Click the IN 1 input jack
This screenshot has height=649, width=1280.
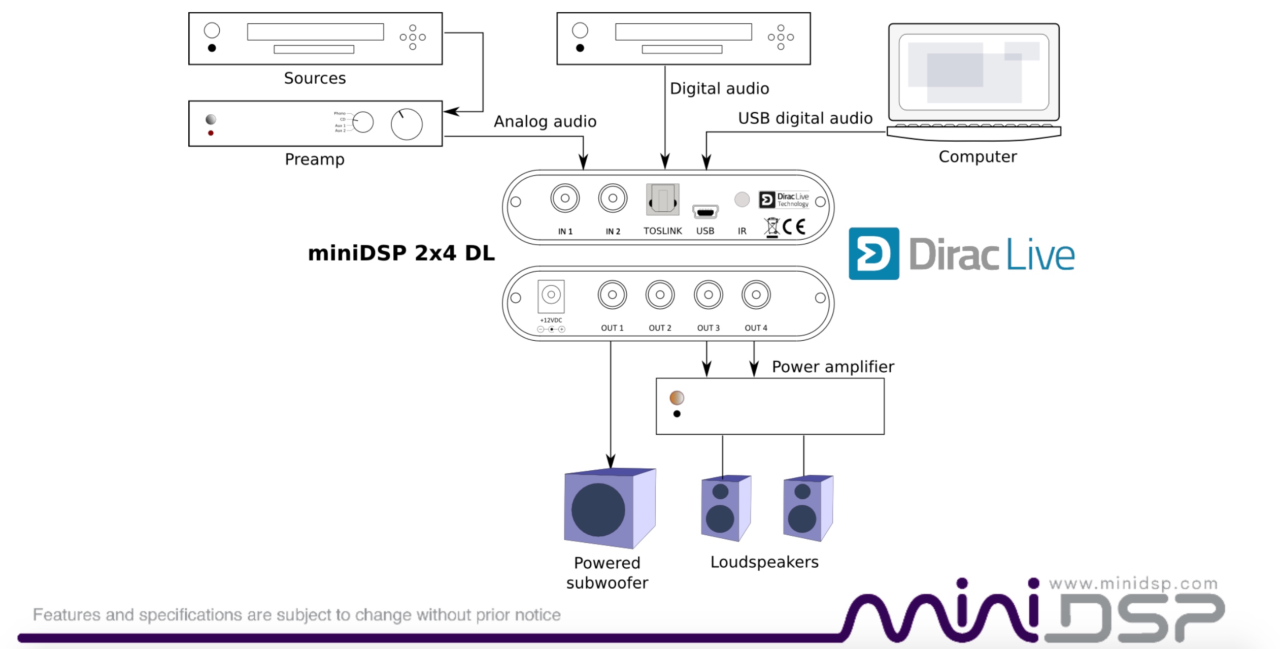click(x=565, y=198)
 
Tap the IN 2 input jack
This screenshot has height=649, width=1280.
click(x=613, y=198)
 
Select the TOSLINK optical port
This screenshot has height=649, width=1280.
click(x=662, y=199)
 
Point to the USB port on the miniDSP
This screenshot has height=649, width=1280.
click(x=705, y=212)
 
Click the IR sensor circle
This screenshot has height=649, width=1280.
click(x=742, y=199)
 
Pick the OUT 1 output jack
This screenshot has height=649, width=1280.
click(x=612, y=295)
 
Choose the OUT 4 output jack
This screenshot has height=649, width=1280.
click(x=756, y=295)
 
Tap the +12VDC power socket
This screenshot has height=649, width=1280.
click(x=551, y=295)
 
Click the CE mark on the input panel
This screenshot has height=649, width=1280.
click(x=794, y=226)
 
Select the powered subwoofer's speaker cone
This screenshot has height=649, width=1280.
click(x=598, y=509)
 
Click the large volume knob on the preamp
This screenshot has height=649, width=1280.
click(x=407, y=124)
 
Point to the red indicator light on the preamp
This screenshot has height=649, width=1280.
click(x=211, y=133)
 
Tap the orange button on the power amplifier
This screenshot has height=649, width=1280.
click(x=677, y=398)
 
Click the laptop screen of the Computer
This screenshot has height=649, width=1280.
click(x=973, y=72)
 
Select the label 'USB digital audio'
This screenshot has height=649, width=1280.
click(x=805, y=118)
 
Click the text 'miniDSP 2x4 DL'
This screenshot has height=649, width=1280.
click(x=401, y=253)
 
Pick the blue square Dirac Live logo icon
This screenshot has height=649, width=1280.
click(x=873, y=253)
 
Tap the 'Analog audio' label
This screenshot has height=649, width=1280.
click(x=545, y=121)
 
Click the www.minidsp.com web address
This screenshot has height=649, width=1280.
click(x=1133, y=584)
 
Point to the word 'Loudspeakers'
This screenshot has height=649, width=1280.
click(x=764, y=562)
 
